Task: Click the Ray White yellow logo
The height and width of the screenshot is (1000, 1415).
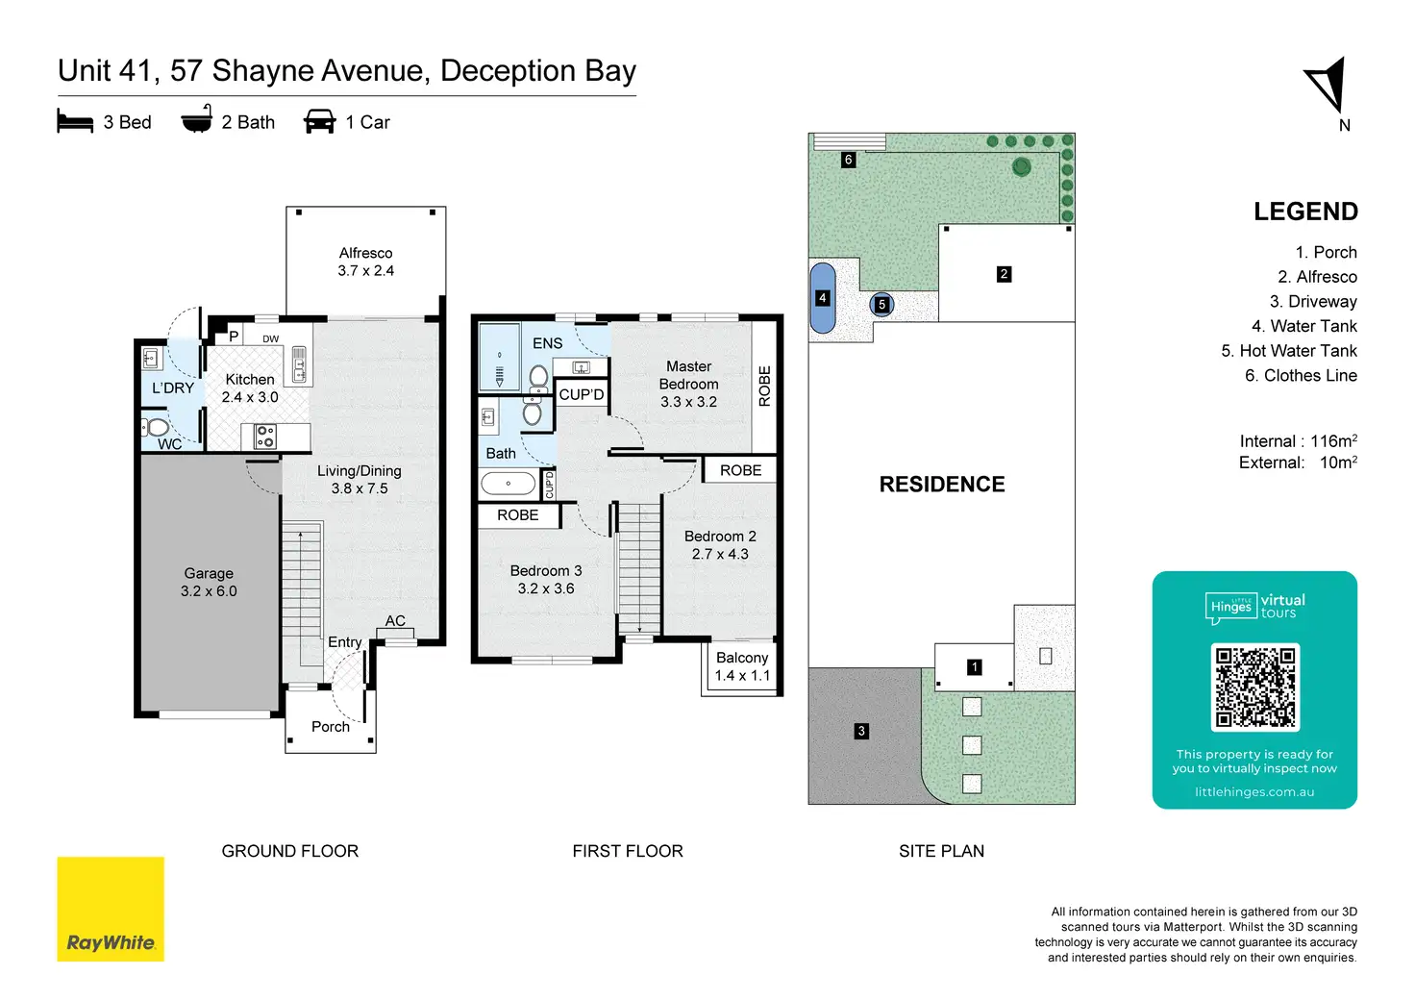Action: click(x=111, y=909)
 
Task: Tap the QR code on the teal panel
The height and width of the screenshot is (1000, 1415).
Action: click(x=1254, y=687)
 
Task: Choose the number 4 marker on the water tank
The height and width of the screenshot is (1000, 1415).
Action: click(x=822, y=297)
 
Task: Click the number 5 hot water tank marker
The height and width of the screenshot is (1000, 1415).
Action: click(x=881, y=305)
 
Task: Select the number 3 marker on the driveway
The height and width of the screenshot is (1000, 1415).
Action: click(x=861, y=731)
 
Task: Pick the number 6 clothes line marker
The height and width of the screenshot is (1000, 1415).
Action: click(x=849, y=160)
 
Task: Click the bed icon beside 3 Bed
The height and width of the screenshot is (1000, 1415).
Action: click(x=75, y=121)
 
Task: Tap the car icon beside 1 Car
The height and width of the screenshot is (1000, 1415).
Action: click(x=320, y=121)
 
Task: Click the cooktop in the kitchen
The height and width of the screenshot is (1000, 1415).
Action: click(x=264, y=436)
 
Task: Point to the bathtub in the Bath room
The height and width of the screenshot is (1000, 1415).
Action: click(x=509, y=484)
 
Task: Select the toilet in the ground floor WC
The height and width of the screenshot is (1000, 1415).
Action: click(x=155, y=428)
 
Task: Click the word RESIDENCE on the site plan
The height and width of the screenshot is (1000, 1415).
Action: click(x=942, y=484)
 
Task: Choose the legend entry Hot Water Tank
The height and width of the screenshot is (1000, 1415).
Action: click(x=1289, y=351)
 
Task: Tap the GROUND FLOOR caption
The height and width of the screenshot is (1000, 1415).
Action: click(x=290, y=851)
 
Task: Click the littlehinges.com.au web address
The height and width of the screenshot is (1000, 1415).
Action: click(x=1254, y=791)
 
